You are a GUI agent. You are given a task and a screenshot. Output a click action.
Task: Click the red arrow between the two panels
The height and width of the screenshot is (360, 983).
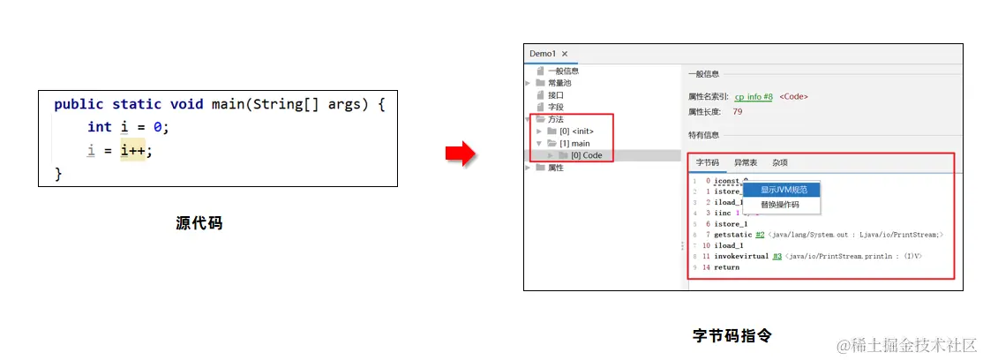pos(460,154)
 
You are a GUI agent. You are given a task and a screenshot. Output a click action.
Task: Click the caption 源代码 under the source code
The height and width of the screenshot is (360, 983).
pos(199,224)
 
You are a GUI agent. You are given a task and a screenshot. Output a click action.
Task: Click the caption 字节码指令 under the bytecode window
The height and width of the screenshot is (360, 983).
pos(732,335)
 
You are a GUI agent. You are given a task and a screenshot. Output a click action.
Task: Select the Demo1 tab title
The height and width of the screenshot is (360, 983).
pos(543,54)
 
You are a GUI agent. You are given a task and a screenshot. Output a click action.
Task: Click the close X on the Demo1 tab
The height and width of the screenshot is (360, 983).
pos(565,54)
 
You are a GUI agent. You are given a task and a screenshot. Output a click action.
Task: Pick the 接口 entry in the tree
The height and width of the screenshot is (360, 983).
pos(555,94)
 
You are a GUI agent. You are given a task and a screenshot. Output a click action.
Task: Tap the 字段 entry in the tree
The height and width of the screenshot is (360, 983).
pos(555,107)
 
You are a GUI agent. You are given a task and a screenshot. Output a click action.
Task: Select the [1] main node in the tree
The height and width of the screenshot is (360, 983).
pos(574,143)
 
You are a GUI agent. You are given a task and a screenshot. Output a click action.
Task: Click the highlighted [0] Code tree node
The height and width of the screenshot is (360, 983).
pos(586,155)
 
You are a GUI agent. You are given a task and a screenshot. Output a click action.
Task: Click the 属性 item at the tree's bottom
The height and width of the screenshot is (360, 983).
pos(555,168)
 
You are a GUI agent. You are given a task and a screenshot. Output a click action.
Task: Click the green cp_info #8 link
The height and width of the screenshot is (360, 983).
pos(754,96)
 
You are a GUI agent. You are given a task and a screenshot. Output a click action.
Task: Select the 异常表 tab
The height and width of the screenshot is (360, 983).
pos(746,162)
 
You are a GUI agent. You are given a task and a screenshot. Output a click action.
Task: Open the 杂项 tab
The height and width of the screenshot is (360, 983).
pos(780,162)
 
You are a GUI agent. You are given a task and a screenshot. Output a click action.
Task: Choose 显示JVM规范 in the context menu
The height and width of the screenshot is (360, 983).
pos(782,190)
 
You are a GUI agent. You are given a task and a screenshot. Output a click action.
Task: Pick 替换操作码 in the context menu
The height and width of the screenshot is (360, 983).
pos(780,204)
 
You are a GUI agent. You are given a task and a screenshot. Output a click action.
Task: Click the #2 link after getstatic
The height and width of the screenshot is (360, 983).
pos(760,235)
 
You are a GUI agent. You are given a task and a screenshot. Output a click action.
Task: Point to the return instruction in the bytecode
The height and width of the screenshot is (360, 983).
pos(727,267)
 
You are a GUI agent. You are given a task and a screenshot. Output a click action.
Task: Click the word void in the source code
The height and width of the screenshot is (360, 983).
pos(189,104)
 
